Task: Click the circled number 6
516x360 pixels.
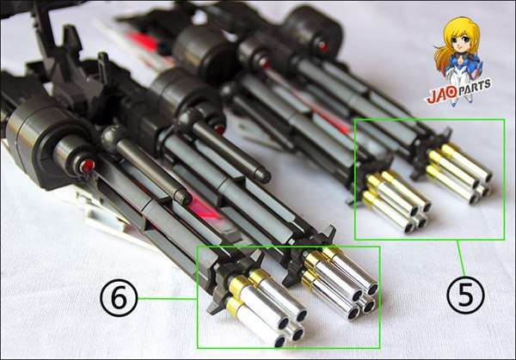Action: click(x=119, y=299)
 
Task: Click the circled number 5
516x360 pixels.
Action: click(x=465, y=294)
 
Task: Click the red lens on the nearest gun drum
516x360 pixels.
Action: click(x=87, y=166)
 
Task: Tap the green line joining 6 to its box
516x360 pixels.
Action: click(x=167, y=299)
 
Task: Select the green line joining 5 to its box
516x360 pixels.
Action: click(x=461, y=258)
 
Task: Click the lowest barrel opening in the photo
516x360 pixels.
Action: click(x=280, y=342)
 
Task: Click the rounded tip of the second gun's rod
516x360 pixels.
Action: click(x=264, y=176)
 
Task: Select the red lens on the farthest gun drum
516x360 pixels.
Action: click(x=323, y=46)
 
